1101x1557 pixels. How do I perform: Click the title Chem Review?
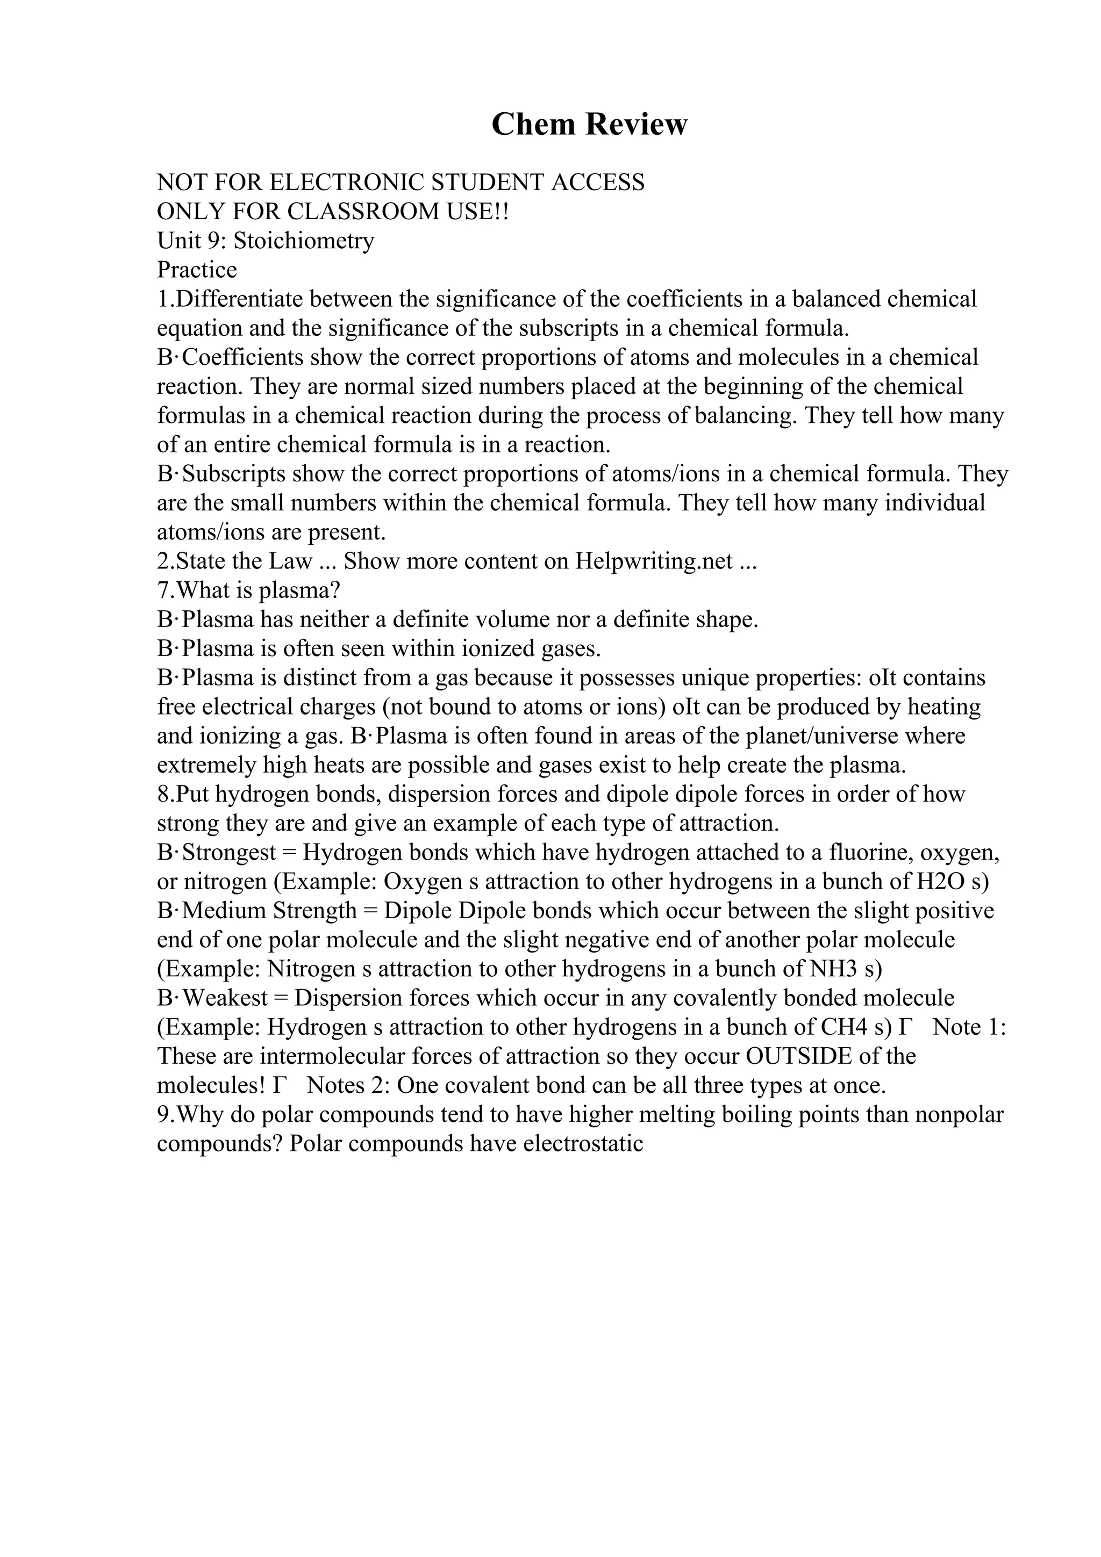coord(589,125)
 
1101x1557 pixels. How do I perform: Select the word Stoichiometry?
coord(304,241)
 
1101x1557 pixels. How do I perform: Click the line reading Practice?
coord(197,270)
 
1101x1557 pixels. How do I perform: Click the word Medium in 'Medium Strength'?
coord(225,911)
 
